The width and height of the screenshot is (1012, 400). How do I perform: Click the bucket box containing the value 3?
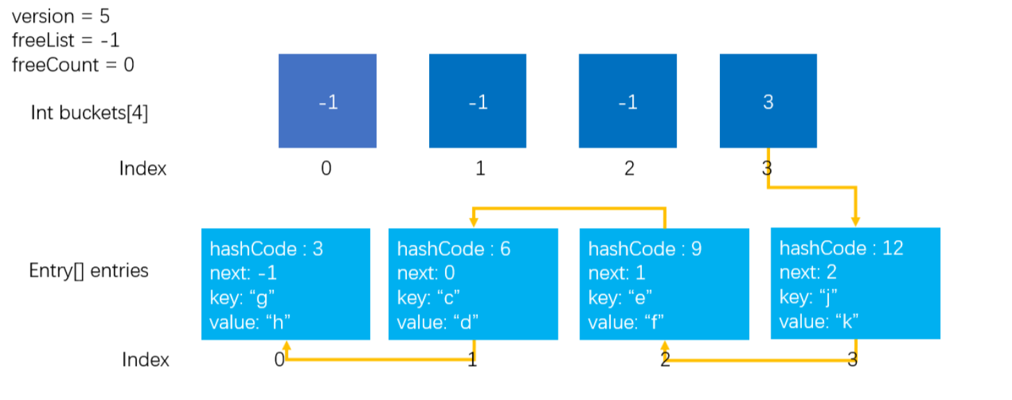click(768, 101)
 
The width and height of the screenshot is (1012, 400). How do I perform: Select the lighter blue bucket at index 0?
click(328, 101)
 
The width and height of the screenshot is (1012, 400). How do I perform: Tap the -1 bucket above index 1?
click(478, 101)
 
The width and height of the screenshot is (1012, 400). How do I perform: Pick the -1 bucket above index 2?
click(627, 101)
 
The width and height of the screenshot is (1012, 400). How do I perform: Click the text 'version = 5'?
click(61, 17)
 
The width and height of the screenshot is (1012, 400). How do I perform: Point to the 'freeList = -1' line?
click(66, 40)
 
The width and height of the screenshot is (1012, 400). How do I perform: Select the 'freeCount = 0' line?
click(73, 65)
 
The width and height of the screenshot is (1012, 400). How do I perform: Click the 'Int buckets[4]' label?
click(90, 113)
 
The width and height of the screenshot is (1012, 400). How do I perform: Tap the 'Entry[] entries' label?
click(88, 271)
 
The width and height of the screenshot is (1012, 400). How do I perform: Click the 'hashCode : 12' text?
click(841, 248)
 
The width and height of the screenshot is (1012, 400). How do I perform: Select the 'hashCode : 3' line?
click(266, 249)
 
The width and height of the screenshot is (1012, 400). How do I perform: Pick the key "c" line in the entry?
click(428, 298)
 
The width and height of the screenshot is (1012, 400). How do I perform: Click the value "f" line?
click(626, 322)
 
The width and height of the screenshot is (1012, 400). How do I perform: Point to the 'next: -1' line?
click(243, 273)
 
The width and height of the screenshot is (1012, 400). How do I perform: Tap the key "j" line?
click(808, 298)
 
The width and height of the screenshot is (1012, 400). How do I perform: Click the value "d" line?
click(437, 322)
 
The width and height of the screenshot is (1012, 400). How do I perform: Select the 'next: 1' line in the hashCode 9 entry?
click(617, 273)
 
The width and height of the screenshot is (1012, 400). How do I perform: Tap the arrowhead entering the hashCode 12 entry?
click(856, 221)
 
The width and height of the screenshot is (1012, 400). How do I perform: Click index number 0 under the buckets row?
click(326, 168)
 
